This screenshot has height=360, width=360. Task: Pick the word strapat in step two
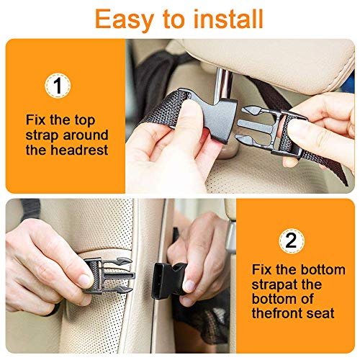(274, 284)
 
